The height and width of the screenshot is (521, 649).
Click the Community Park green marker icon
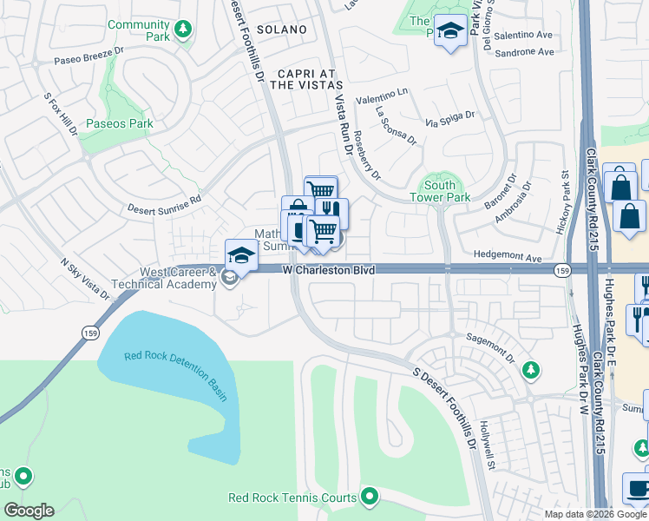point(182,30)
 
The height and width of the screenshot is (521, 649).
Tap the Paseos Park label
point(120,123)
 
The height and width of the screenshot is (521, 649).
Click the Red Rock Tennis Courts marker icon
point(370,497)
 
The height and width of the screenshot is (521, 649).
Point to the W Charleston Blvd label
point(330,271)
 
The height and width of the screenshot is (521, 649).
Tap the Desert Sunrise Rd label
point(164,203)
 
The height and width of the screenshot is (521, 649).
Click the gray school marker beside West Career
point(229,278)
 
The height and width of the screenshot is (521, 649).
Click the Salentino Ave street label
point(523,35)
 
